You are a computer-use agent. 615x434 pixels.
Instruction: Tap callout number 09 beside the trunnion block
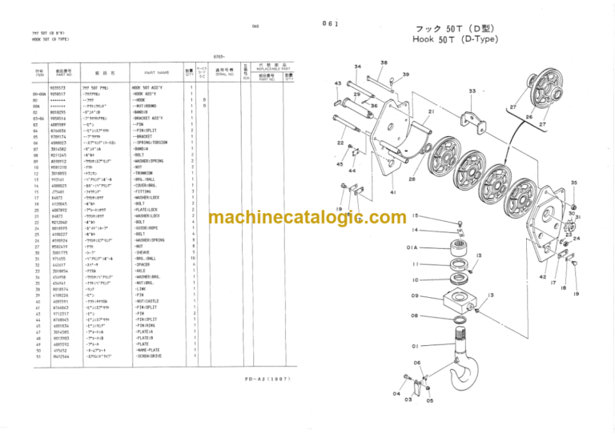click(x=416, y=296)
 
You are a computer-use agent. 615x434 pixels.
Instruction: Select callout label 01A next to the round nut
click(x=412, y=247)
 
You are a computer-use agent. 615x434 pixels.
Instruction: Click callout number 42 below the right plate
click(x=542, y=276)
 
